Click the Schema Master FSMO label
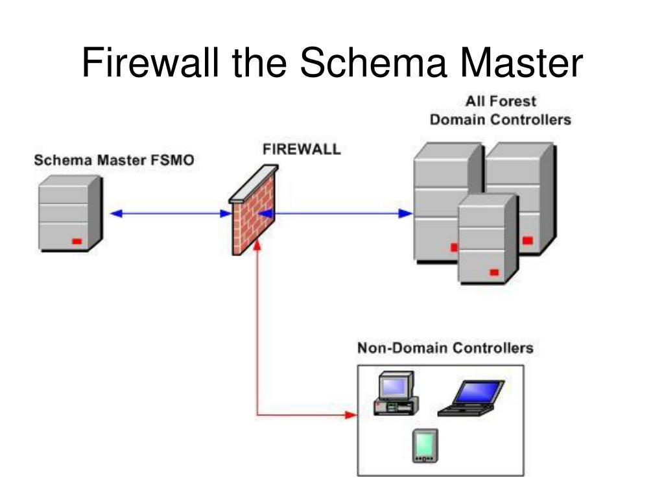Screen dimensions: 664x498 coord(114,160)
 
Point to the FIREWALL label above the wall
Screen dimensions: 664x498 coord(302,149)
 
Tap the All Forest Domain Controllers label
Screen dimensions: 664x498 coord(501,110)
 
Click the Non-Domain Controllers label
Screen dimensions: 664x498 coord(445,348)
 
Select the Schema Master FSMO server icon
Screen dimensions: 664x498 coord(70,213)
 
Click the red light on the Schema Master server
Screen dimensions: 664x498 coord(77,241)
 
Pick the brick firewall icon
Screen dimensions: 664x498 coord(254,210)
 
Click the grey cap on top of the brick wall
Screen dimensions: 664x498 coord(254,184)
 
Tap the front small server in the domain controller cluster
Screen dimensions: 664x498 coord(488,239)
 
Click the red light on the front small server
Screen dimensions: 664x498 coord(494,272)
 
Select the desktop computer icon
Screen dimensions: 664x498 coord(396,394)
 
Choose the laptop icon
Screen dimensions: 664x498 coord(471,398)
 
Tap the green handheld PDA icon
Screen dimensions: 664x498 coord(425,446)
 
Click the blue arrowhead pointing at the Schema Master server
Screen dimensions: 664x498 coord(116,213)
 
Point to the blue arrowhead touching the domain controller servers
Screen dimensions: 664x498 coord(406,213)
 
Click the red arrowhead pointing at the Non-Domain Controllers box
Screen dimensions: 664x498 coord(351,415)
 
